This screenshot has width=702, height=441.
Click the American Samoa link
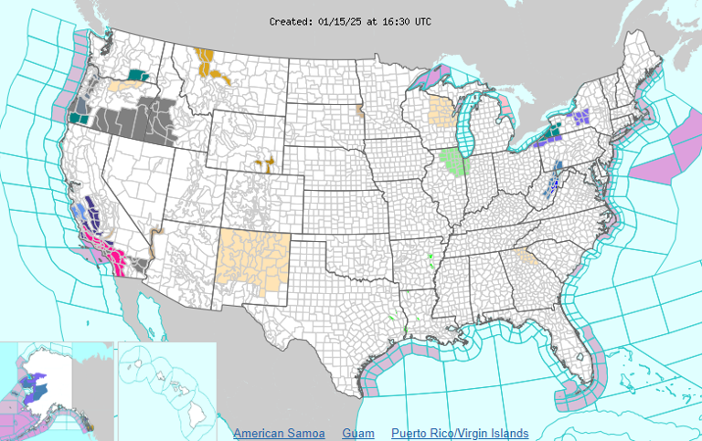click(x=278, y=433)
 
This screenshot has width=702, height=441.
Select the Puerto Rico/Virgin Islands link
click(x=459, y=433)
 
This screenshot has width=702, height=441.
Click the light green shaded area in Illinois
click(x=455, y=163)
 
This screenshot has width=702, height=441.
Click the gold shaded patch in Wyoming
click(x=265, y=165)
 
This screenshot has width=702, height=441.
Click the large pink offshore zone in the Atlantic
click(x=675, y=151)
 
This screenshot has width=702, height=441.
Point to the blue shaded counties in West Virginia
click(x=550, y=186)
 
